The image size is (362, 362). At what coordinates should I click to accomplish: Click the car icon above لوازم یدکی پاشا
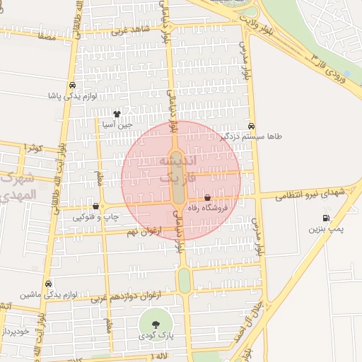pyautogui.click(x=72, y=86)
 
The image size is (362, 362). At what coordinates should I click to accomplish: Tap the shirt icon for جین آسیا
pyautogui.click(x=117, y=113)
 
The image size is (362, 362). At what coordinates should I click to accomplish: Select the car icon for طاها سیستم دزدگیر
pyautogui.click(x=251, y=125)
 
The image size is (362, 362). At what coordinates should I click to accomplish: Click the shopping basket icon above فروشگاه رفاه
pyautogui.click(x=207, y=198)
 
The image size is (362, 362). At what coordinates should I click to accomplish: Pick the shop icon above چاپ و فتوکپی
pyautogui.click(x=95, y=206)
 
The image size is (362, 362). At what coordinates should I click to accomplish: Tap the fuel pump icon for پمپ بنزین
pyautogui.click(x=325, y=218)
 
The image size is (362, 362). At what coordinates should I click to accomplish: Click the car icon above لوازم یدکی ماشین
pyautogui.click(x=47, y=284)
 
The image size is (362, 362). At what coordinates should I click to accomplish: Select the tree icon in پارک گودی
pyautogui.click(x=155, y=324)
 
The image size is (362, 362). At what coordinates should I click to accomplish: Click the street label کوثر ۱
pyautogui.click(x=33, y=148)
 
